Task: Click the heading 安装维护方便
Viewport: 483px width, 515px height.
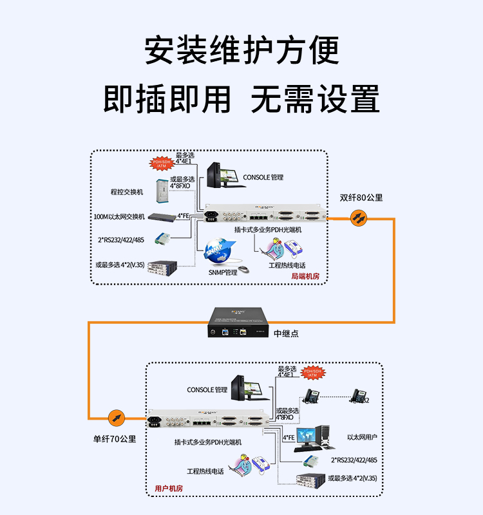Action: tap(241, 50)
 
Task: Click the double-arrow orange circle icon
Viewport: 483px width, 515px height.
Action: tap(359, 219)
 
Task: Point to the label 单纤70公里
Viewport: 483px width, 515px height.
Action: tap(115, 439)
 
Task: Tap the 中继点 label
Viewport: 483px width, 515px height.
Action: tap(287, 334)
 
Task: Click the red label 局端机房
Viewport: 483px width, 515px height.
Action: tap(305, 276)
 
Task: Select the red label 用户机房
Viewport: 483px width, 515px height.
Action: tap(169, 489)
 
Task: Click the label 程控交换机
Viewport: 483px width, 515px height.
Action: tap(127, 191)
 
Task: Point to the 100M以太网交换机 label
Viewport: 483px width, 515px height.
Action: tap(119, 217)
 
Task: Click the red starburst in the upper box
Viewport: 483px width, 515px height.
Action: tap(162, 164)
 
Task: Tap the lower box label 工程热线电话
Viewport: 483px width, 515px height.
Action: tap(205, 471)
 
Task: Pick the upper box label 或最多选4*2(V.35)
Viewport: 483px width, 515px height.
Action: tap(120, 264)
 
